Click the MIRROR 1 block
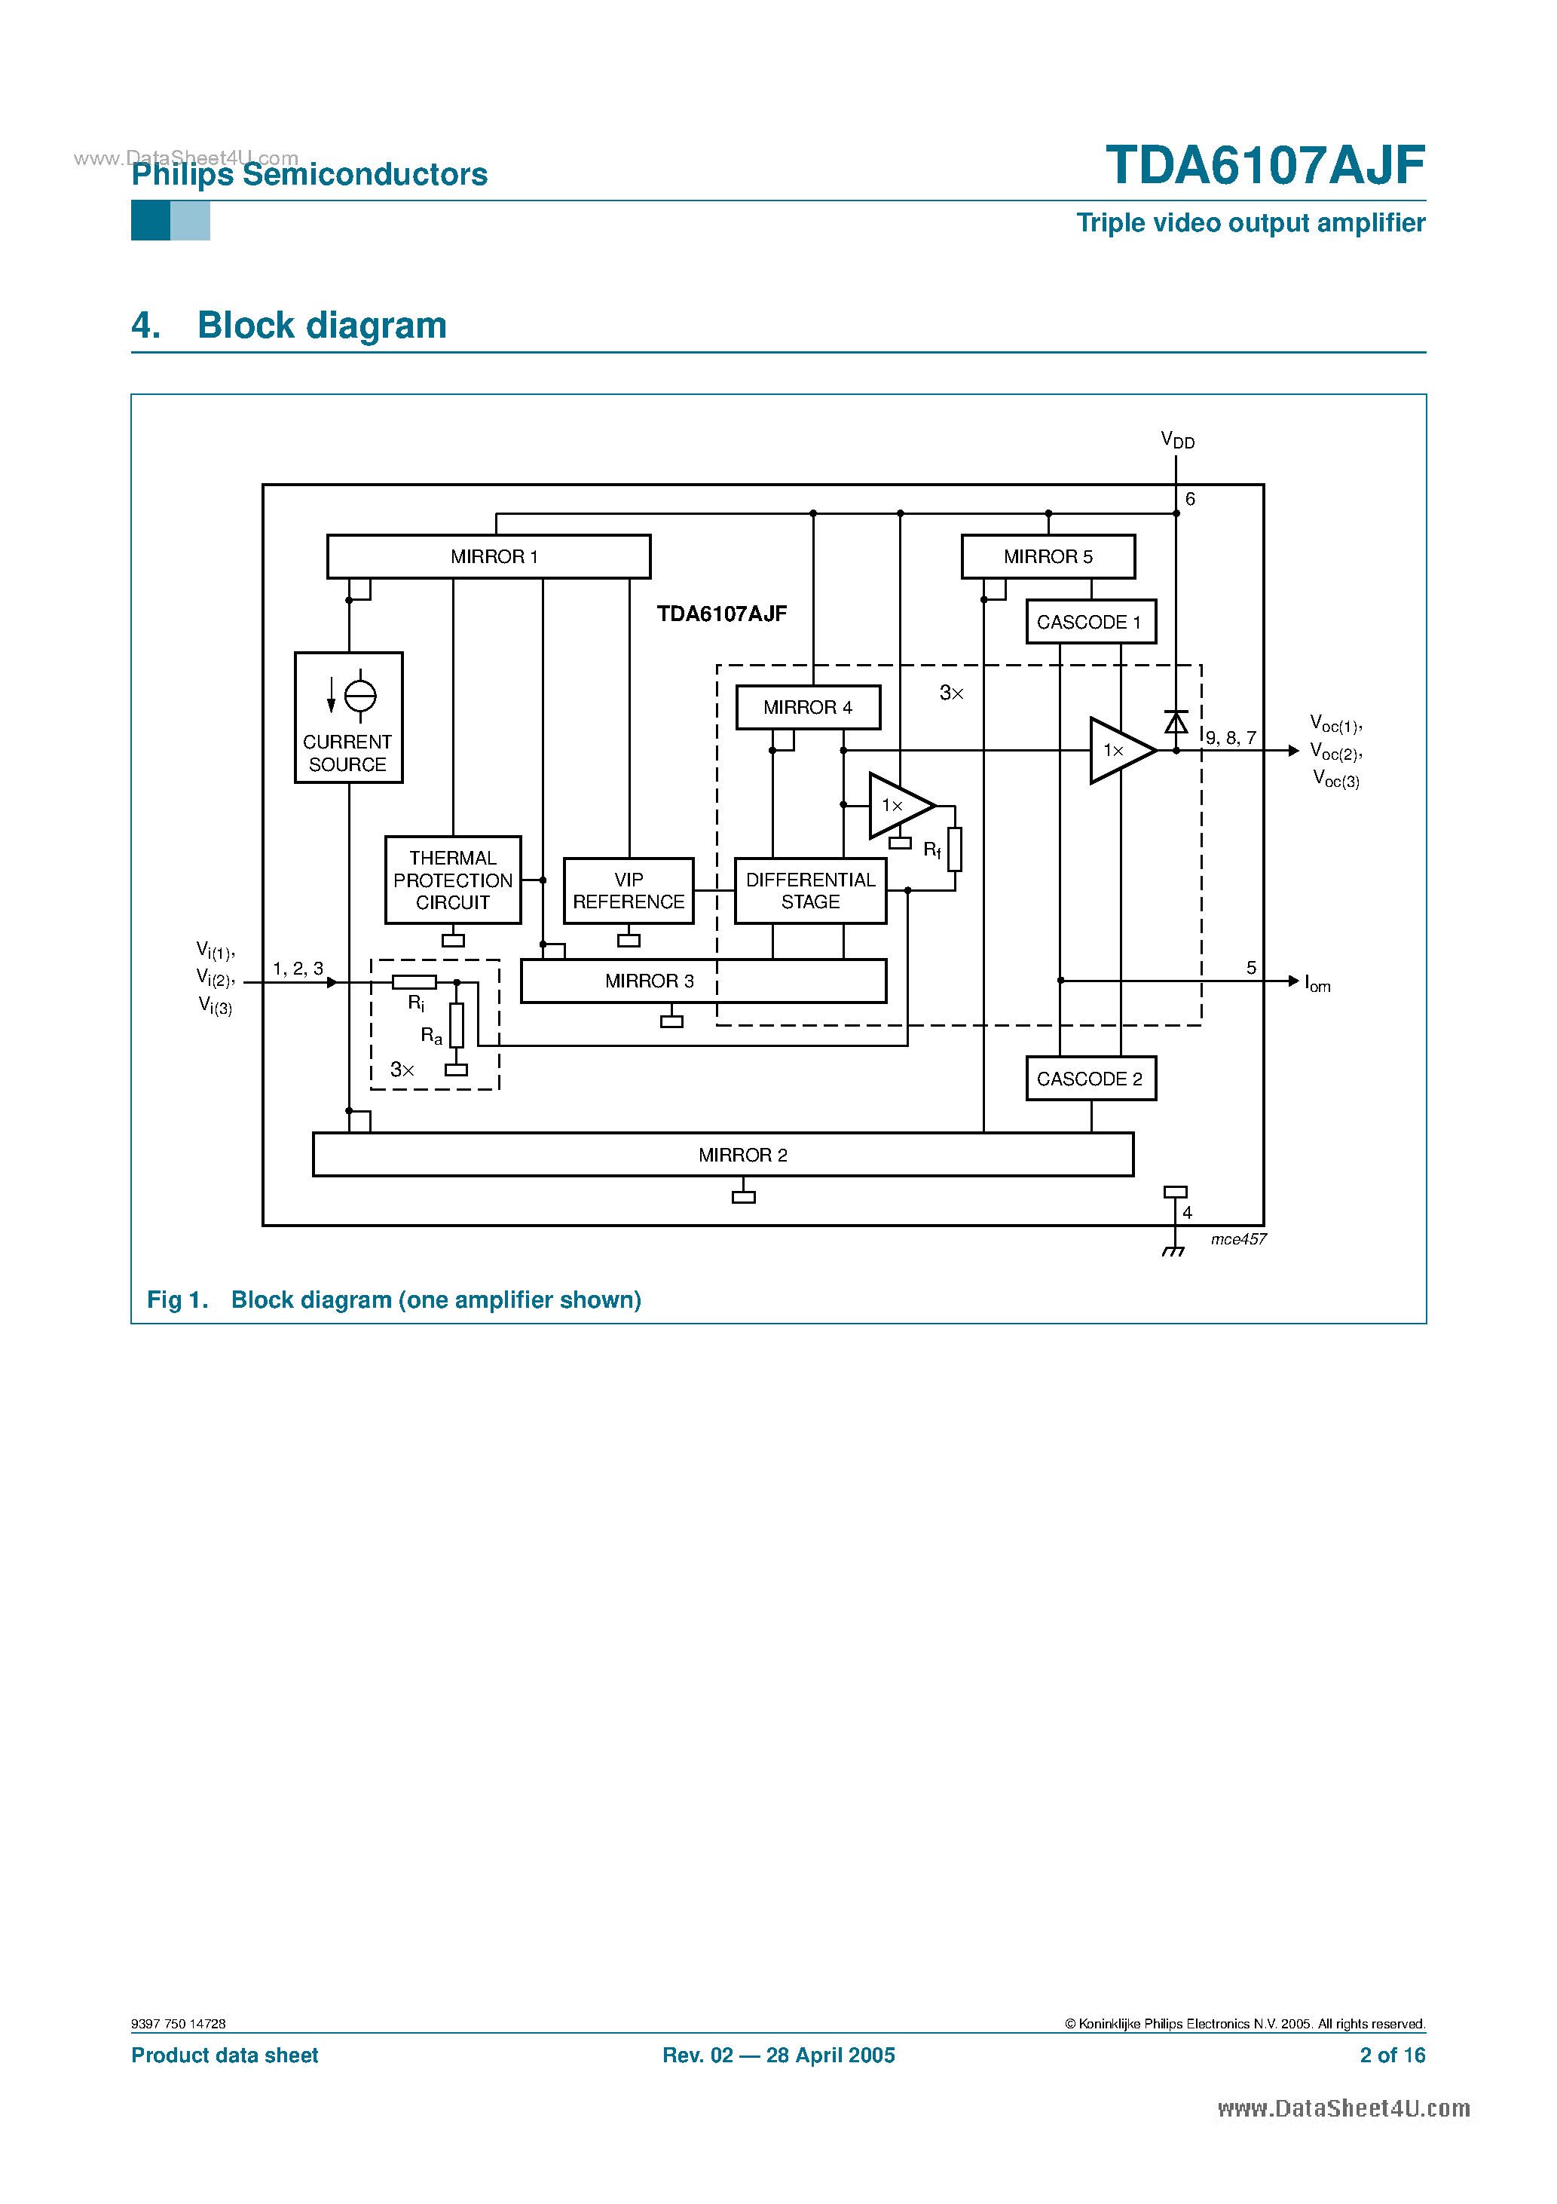click(488, 557)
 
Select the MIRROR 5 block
click(1048, 557)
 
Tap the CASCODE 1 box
click(1090, 622)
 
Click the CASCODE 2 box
click(1090, 1079)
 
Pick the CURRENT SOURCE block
click(347, 718)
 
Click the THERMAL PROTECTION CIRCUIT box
click(452, 880)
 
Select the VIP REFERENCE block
click(628, 891)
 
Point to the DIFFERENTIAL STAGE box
click(810, 891)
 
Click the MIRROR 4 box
click(807, 708)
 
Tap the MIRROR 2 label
click(742, 1155)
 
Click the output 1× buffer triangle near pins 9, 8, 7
click(1119, 751)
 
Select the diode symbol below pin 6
click(1176, 722)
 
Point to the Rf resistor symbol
click(954, 849)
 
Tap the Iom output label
click(1317, 984)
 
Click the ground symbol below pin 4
click(1173, 1250)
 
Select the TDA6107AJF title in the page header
click(1265, 165)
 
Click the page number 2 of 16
click(1392, 2056)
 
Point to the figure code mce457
click(1238, 1239)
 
